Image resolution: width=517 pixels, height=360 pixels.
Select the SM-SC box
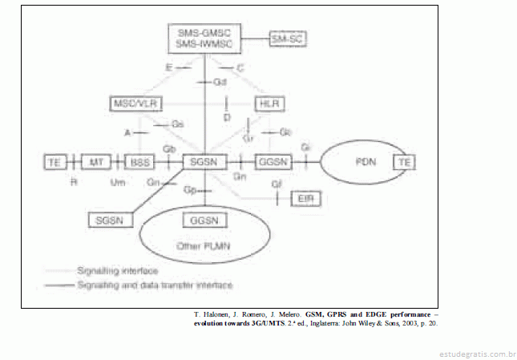click(288, 38)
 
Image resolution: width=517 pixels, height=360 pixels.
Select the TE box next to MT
click(55, 162)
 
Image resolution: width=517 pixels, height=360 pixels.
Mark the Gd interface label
click(221, 83)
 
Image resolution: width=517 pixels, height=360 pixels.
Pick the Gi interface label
click(305, 148)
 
